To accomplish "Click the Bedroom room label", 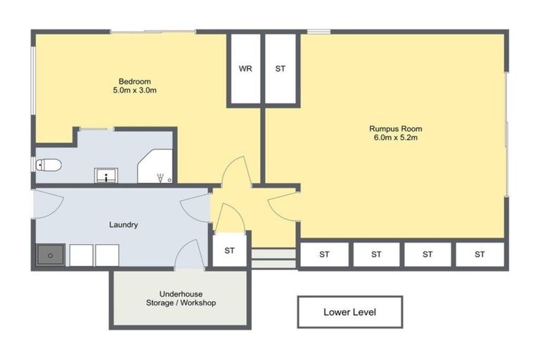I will pos(134,82).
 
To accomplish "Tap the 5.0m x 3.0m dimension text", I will pos(134,91).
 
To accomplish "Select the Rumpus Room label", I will pos(396,129).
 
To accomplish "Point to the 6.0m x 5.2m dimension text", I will pos(396,138).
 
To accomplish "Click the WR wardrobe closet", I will pos(245,69).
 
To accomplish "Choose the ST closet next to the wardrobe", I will pos(281,69).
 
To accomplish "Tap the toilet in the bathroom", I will pos(49,165).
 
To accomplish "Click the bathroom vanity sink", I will pos(105,175).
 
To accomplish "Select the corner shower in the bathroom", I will pos(156,169).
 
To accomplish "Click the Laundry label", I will pos(123,225).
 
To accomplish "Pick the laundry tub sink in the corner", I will pos(50,255).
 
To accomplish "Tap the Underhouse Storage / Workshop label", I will pos(181,298).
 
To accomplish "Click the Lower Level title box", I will pos(349,311).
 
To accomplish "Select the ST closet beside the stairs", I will pos(230,251).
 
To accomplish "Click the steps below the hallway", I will pos(273,258).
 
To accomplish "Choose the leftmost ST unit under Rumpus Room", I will pos(324,254).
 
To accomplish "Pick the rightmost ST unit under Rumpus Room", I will pos(480,254).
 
